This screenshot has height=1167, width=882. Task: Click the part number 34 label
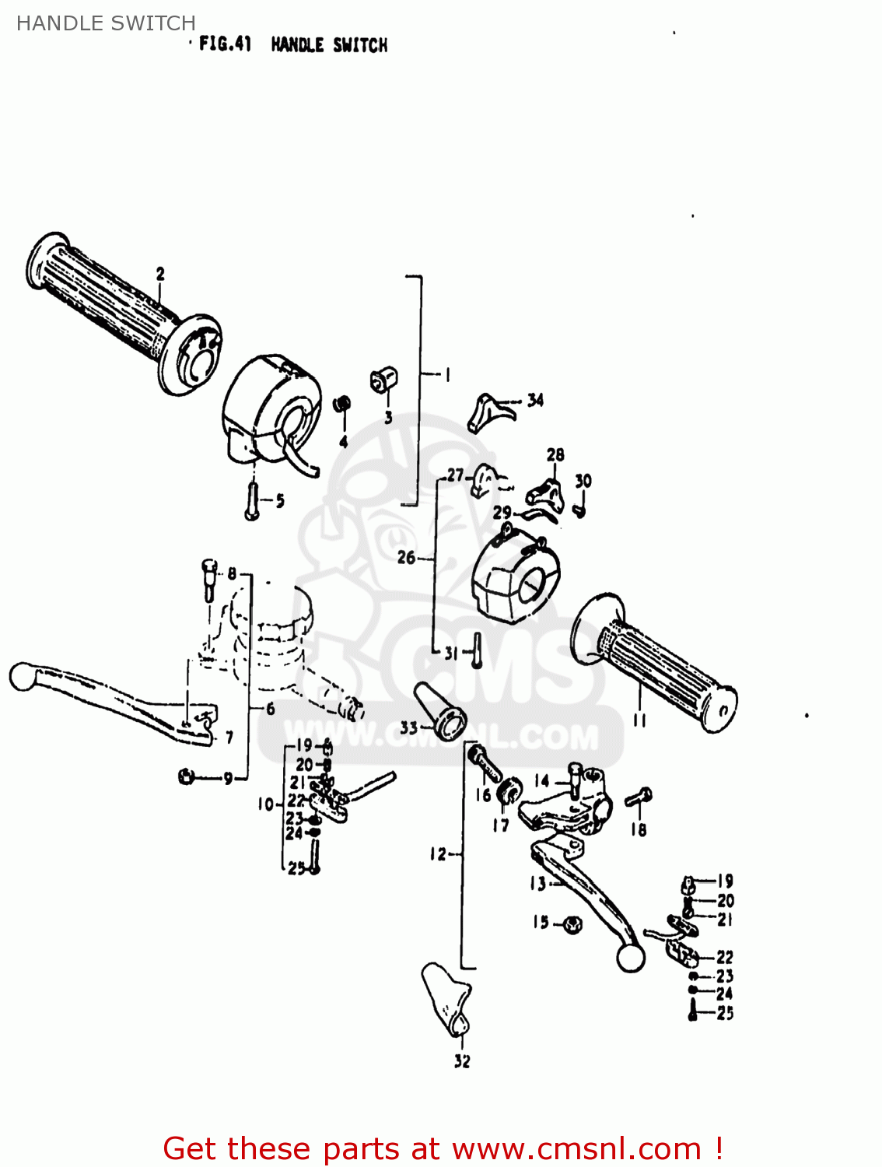pos(535,401)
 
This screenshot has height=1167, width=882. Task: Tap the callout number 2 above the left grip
pos(160,274)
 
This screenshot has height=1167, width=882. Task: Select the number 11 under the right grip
pos(639,720)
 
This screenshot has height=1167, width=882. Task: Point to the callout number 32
pos(462,1061)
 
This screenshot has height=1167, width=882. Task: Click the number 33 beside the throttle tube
pos(409,728)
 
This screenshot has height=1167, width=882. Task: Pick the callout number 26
pos(406,557)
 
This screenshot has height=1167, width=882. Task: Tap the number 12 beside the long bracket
pos(439,854)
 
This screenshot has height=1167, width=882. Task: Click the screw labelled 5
pos(252,500)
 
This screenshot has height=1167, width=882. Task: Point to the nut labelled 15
pos(572,924)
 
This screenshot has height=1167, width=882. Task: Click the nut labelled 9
pos(186,776)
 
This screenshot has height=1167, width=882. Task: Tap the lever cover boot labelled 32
pos(447,1000)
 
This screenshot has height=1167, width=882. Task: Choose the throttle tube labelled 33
pos(440,711)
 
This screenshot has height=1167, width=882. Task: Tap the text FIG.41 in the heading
pos(225,44)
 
